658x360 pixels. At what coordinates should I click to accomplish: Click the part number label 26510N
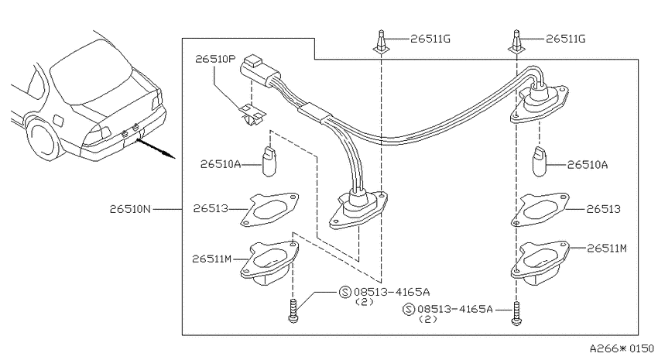point(130,208)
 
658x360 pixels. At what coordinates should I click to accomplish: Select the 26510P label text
point(215,59)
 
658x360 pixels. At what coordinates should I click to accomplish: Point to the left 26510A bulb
point(269,162)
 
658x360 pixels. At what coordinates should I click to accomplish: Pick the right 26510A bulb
point(540,162)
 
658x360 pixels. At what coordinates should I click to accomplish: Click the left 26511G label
point(430,39)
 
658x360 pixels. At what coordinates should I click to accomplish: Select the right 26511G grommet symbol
point(516,42)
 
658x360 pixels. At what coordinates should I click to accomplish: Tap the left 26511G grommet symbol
point(381,42)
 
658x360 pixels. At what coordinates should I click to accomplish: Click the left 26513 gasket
point(269,209)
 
